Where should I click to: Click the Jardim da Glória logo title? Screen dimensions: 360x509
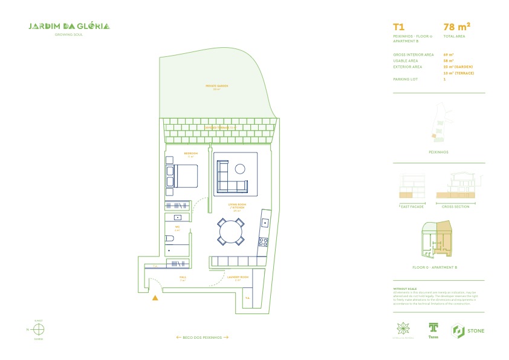click(69, 27)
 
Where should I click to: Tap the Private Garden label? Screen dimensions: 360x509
click(216, 86)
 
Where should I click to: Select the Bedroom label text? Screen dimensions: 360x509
click(190, 154)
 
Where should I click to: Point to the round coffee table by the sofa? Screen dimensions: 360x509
click(240, 168)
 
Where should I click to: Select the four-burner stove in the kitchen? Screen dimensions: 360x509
click(264, 242)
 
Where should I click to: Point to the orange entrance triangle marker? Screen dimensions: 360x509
click(155, 298)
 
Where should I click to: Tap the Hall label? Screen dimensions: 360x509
click(183, 278)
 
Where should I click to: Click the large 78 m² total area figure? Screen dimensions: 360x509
click(456, 27)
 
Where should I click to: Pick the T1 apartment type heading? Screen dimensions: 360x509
click(398, 27)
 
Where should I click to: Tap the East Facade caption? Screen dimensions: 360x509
click(413, 206)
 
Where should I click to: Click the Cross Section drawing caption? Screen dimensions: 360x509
click(455, 206)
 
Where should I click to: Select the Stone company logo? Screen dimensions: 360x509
click(467, 330)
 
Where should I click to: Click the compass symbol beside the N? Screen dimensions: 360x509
click(39, 330)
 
